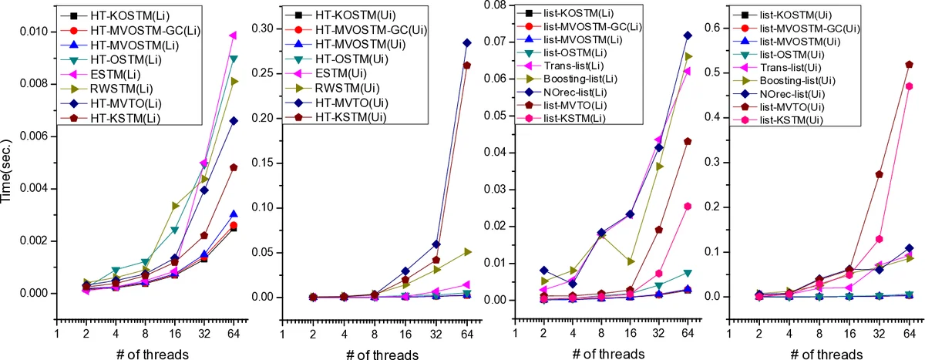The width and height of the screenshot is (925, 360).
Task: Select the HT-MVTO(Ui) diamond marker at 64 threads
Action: point(465,42)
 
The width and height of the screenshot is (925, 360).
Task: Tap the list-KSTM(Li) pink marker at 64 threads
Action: point(688,206)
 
